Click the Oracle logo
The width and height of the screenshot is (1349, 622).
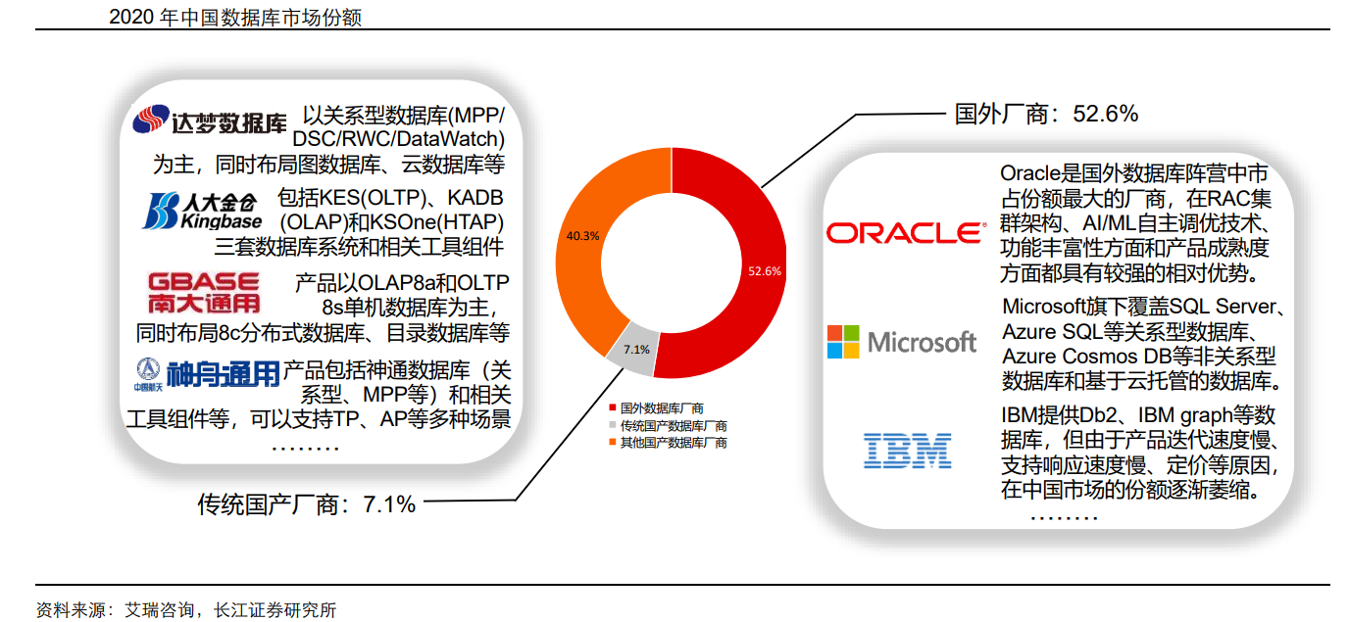tap(904, 232)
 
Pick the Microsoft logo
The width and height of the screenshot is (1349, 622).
tap(901, 342)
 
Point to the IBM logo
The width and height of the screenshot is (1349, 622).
tap(907, 450)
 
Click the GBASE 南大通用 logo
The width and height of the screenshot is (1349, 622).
tap(204, 293)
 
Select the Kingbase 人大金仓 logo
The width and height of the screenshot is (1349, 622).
tap(204, 211)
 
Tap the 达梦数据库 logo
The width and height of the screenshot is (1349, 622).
tap(210, 121)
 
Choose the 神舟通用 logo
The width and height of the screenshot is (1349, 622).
tap(207, 374)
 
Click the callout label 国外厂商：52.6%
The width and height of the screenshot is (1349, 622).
tap(1046, 114)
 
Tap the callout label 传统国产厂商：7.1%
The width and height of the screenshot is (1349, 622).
tap(307, 504)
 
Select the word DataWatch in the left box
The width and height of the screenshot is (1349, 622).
tap(449, 139)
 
